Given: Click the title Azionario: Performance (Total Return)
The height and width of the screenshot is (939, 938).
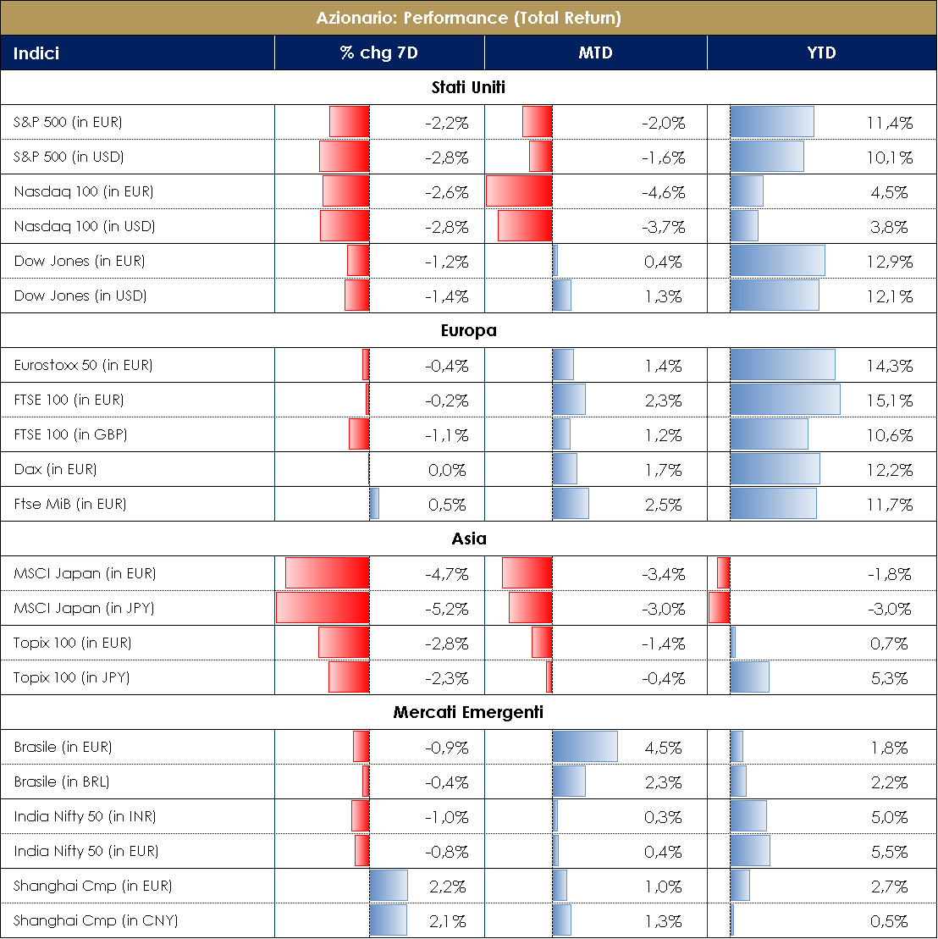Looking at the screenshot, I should pyautogui.click(x=468, y=18).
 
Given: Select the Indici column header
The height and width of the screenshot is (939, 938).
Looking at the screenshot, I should pyautogui.click(x=36, y=53).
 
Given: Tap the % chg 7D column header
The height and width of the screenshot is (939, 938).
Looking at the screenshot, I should pyautogui.click(x=378, y=53).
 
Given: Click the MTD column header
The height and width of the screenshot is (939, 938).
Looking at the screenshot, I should pyautogui.click(x=595, y=53).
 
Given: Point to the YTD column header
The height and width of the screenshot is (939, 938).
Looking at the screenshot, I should pyautogui.click(x=821, y=53).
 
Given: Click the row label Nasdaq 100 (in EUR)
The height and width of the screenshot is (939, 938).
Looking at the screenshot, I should pyautogui.click(x=84, y=191).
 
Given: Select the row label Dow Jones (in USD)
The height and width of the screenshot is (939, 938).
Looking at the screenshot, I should pyautogui.click(x=80, y=296).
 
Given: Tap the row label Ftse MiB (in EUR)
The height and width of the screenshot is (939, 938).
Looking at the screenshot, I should pyautogui.click(x=70, y=504).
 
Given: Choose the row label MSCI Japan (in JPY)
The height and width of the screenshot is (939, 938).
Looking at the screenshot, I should pyautogui.click(x=85, y=608).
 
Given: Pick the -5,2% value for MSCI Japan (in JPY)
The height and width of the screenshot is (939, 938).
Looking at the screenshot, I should pyautogui.click(x=446, y=609).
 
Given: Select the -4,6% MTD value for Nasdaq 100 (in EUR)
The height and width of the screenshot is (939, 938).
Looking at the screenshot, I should pyautogui.click(x=663, y=192).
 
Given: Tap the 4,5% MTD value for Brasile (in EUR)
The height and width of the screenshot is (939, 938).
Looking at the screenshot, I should pyautogui.click(x=663, y=748).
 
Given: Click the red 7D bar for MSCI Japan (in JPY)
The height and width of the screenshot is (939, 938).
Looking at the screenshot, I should pyautogui.click(x=323, y=608).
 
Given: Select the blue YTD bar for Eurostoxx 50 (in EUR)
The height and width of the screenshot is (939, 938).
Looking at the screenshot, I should pyautogui.click(x=782, y=365).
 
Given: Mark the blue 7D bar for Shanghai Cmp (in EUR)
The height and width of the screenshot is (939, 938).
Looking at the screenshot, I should pyautogui.click(x=389, y=886).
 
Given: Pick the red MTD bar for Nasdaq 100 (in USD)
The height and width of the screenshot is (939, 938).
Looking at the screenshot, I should pyautogui.click(x=525, y=226).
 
